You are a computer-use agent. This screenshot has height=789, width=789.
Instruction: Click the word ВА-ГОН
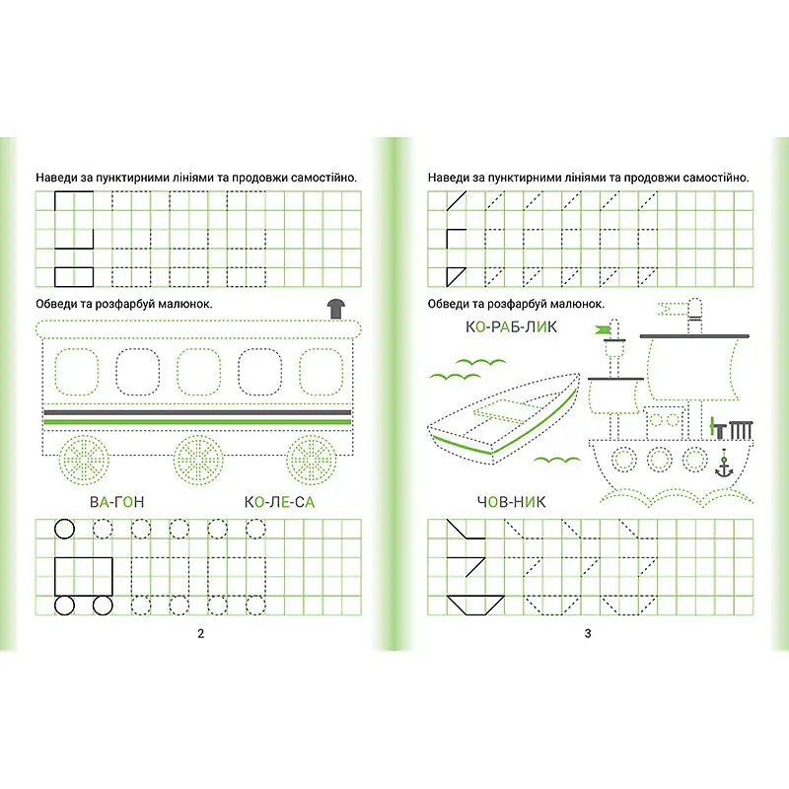[116, 502]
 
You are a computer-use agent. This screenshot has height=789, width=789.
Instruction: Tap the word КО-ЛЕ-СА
[279, 502]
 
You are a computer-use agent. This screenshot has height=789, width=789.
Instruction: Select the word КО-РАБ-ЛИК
[511, 327]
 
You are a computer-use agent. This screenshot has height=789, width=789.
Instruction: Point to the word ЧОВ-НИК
[511, 502]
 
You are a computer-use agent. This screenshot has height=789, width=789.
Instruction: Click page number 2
[201, 633]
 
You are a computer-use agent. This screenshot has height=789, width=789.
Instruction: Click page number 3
[588, 633]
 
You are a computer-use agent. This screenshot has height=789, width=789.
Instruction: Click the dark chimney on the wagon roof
[336, 309]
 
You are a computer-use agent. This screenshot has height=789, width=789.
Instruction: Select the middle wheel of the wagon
[198, 460]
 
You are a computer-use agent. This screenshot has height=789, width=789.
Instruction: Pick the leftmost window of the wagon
[77, 372]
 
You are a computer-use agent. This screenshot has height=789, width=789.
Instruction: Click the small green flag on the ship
[603, 329]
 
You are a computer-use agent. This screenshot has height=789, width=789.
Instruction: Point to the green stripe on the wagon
[198, 422]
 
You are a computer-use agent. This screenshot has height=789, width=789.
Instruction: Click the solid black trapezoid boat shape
[475, 606]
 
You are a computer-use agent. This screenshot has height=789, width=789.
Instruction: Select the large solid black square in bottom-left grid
[84, 577]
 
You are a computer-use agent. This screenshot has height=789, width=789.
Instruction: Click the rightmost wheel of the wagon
[312, 460]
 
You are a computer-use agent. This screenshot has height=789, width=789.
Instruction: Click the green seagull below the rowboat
[556, 460]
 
